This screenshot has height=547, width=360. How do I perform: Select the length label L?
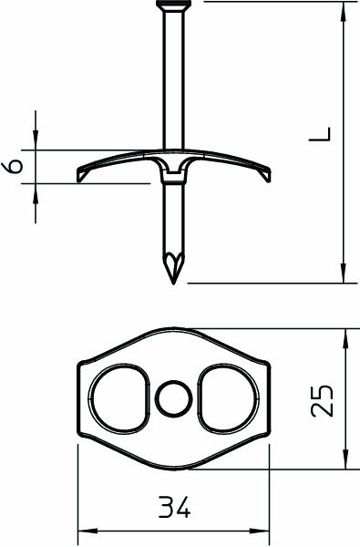(x=320, y=137)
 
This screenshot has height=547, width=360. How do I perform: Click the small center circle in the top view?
(x=171, y=398)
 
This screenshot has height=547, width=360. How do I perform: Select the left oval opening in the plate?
(x=120, y=398)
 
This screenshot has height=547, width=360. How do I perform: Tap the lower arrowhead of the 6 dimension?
(x=36, y=193)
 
